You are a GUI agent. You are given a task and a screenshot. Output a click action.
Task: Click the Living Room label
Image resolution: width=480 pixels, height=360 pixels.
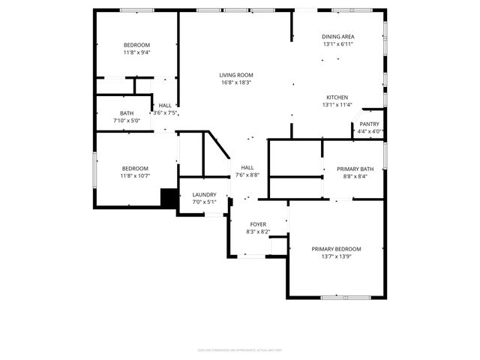click(x=235, y=75)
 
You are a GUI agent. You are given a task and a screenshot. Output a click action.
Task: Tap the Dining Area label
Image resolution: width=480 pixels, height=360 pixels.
click(x=337, y=36)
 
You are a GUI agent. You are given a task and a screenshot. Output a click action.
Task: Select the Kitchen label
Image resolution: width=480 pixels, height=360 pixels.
click(x=337, y=97)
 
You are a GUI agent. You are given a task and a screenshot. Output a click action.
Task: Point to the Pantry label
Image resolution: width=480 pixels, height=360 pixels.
click(x=369, y=124)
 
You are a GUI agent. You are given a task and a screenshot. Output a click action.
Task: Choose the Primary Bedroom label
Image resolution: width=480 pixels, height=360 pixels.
click(x=336, y=249)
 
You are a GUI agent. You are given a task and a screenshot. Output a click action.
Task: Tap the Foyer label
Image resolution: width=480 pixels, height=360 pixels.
click(x=258, y=224)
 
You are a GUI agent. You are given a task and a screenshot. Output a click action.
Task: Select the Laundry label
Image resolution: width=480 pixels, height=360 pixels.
click(x=204, y=194)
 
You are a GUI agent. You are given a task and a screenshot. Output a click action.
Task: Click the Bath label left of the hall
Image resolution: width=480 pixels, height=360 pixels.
click(x=126, y=113)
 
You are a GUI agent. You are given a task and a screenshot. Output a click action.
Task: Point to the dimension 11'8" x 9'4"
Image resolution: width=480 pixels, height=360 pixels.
click(x=136, y=52)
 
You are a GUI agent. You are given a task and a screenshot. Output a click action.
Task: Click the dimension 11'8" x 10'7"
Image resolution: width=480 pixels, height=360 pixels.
click(x=136, y=176)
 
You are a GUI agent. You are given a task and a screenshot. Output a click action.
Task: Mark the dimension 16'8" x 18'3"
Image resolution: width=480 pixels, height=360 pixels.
click(x=235, y=83)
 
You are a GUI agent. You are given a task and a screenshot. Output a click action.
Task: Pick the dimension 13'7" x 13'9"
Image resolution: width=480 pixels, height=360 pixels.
click(x=336, y=256)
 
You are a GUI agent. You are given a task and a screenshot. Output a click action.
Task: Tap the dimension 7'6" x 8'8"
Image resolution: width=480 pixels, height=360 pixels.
click(x=247, y=175)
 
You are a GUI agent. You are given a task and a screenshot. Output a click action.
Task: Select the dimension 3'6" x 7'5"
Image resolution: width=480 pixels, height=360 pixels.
click(x=165, y=113)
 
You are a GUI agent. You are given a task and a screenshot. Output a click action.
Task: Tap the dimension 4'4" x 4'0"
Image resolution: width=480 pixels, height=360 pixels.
click(x=369, y=132)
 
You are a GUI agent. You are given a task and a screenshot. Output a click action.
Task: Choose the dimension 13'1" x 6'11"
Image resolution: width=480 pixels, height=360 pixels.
click(x=337, y=44)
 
